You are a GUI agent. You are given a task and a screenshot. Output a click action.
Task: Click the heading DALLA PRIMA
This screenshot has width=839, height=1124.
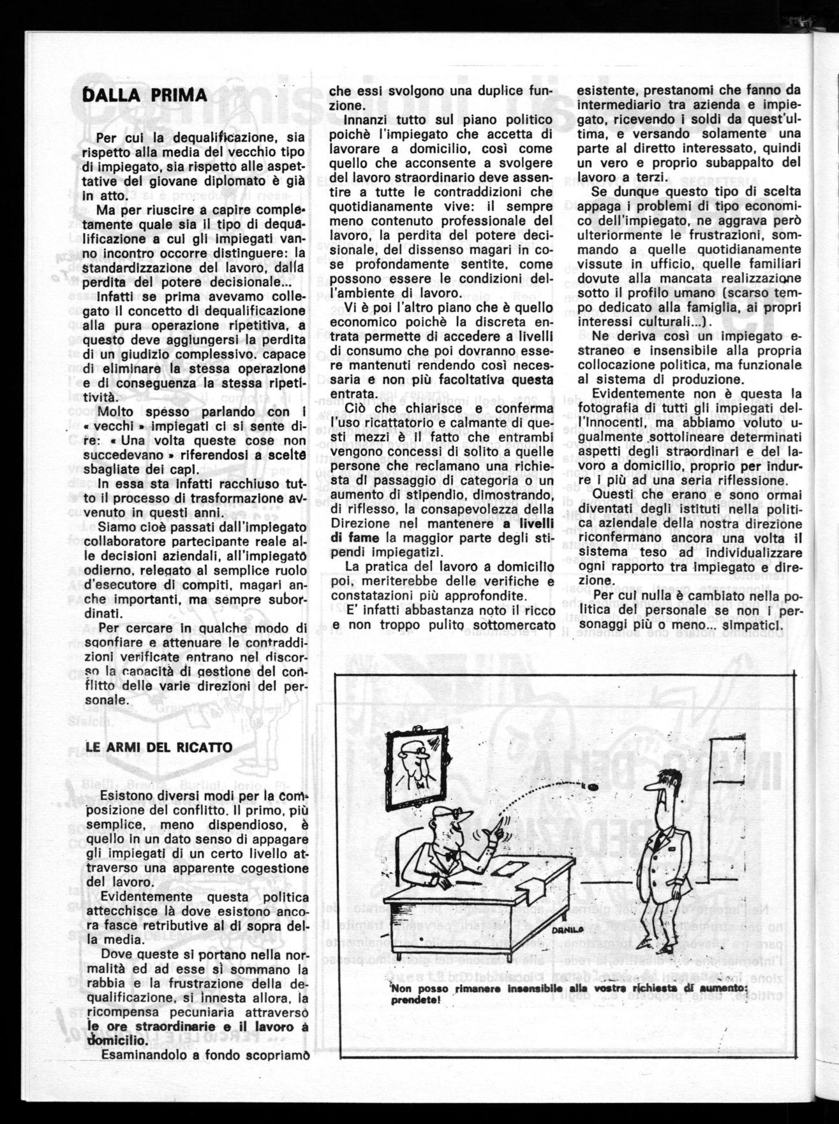point(146,96)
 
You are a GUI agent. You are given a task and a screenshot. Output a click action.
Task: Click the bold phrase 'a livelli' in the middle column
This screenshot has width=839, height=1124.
point(524,523)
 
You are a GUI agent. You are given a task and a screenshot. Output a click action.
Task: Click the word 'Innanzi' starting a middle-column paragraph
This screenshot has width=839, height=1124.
point(366,120)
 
